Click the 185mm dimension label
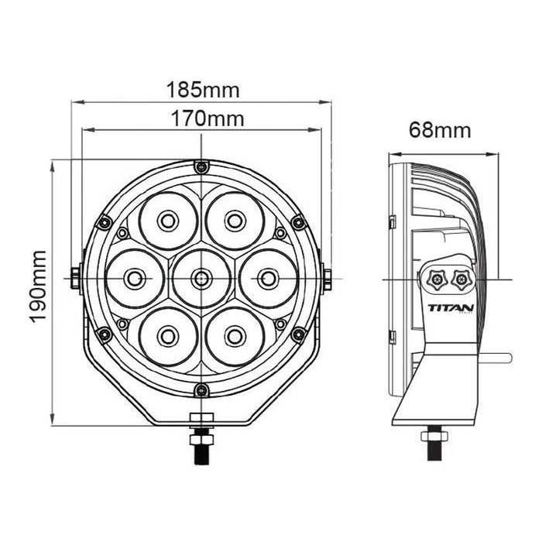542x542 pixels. coord(203,90)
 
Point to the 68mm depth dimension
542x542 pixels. coord(440,130)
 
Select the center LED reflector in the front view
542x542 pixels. coord(201,277)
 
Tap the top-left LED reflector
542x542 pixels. coord(168,221)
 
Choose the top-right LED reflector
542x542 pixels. coord(235,221)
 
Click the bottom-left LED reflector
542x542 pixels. coord(168,335)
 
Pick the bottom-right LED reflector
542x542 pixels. coord(235,335)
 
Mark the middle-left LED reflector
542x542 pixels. coord(135,278)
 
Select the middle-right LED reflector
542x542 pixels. coord(268,278)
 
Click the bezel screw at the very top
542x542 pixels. coord(201,167)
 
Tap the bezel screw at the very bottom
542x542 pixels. coord(201,389)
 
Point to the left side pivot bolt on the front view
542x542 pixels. coord(75,277)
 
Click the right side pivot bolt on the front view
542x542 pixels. coord(327,277)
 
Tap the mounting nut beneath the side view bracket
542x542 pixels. coord(435,436)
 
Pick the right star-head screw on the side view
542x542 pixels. coord(461,277)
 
